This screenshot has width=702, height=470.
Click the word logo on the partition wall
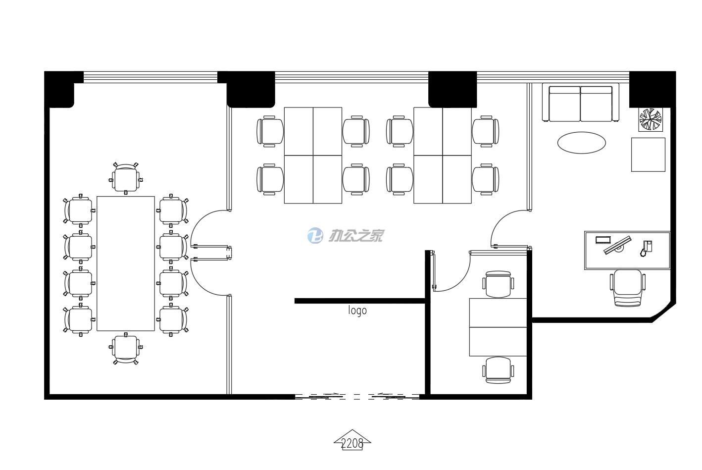tap(357, 311)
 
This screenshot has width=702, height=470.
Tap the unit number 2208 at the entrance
tap(352, 443)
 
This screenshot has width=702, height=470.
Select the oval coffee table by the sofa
tap(581, 143)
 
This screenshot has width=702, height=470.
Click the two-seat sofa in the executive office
tap(580, 104)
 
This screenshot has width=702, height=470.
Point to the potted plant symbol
tap(650, 119)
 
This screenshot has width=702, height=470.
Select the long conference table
tap(126, 263)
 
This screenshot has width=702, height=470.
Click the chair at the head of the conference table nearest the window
tap(126, 177)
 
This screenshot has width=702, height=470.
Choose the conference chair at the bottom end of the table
tap(126, 349)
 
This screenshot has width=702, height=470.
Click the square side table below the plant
tap(648, 155)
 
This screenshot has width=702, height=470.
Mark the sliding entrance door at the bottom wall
tap(357, 396)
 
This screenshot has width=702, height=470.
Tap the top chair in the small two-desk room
tap(498, 284)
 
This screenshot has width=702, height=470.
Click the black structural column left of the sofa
tap(452, 89)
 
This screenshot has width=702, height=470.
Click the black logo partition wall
tap(360, 301)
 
